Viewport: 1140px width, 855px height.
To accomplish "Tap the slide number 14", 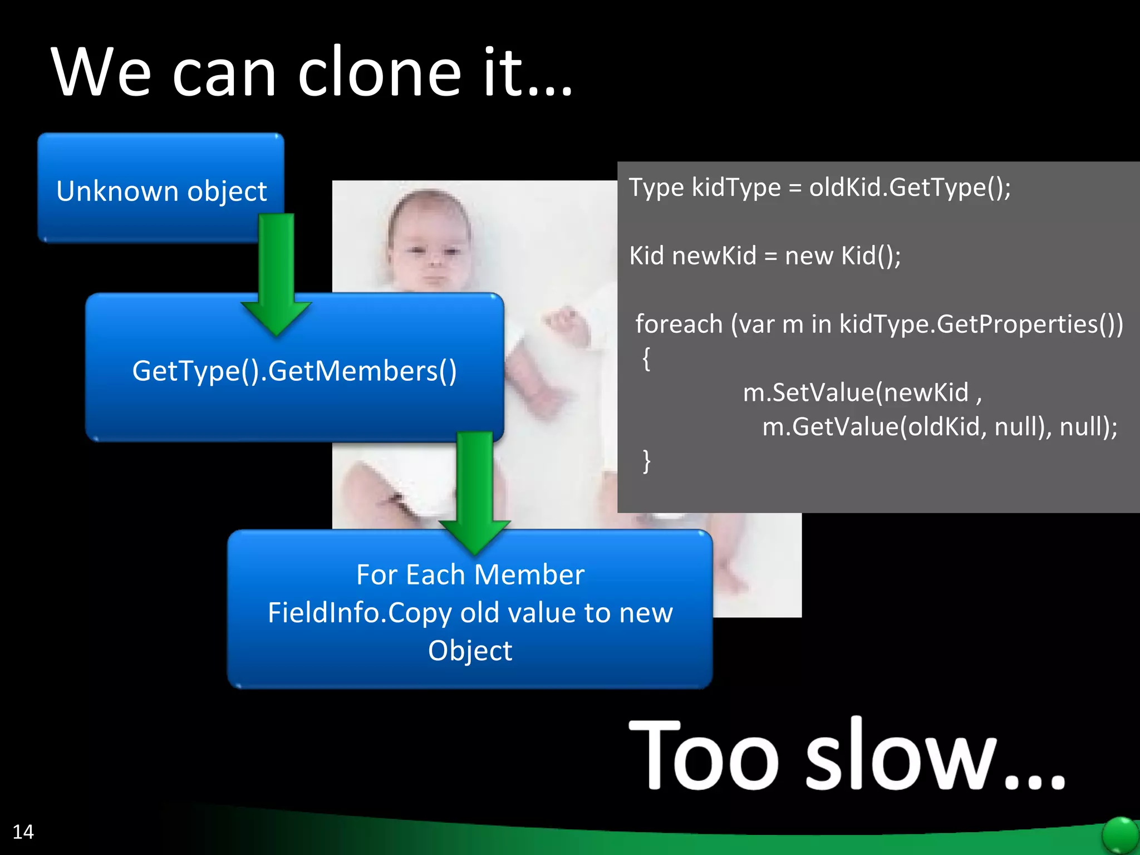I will [23, 832].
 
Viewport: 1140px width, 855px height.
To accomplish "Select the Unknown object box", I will [161, 190].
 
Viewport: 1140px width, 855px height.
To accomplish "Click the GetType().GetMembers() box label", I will [294, 371].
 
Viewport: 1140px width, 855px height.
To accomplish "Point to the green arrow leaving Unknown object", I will [276, 273].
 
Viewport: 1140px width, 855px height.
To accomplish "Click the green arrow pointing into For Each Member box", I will [474, 490].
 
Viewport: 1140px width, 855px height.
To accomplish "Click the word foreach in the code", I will [679, 324].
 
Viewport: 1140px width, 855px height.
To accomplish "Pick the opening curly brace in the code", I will [646, 358].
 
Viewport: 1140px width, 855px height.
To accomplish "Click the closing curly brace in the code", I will [646, 461].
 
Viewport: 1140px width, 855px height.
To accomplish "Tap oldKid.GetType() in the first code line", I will [910, 187].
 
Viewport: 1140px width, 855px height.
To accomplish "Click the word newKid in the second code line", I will [714, 256].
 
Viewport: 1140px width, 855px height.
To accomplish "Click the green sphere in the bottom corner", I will [1120, 835].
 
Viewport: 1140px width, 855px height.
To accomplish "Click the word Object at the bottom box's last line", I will [470, 650].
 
